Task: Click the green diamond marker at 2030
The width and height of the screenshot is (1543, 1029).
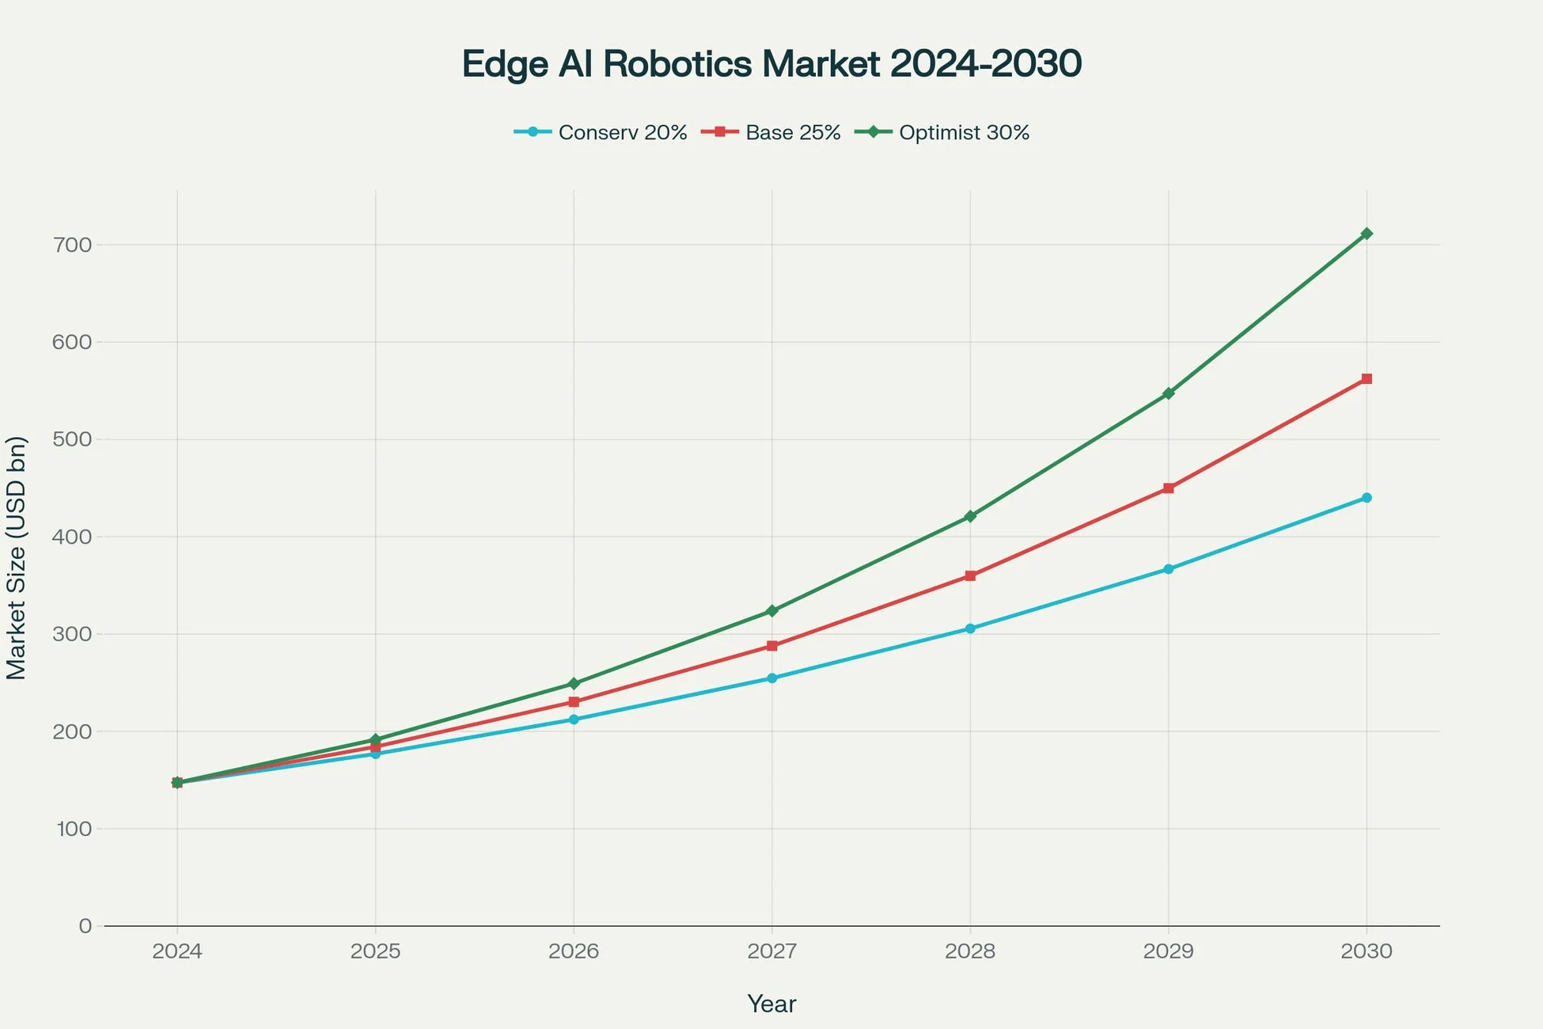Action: coord(1367,234)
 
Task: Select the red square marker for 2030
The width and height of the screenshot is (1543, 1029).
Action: coord(1367,379)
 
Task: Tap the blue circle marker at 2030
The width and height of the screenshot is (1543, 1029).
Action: coord(1367,498)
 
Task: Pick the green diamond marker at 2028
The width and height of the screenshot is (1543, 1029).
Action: coord(970,516)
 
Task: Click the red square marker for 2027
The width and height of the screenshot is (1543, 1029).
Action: coord(772,646)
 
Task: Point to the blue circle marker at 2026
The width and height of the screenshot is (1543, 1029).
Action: coord(574,720)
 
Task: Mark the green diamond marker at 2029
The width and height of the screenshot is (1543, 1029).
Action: coord(1169,393)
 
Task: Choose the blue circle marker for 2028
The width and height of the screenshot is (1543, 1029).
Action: coord(970,628)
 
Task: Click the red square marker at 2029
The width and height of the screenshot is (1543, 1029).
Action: coord(1169,488)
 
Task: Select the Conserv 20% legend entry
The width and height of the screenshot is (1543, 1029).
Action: coord(601,132)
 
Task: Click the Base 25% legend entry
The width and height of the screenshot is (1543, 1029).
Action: coord(771,132)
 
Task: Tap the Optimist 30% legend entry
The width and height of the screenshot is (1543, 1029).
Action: coord(943,132)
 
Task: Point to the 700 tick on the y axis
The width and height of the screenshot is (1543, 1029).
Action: coord(73,245)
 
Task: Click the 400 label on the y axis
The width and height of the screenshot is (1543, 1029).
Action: coord(73,537)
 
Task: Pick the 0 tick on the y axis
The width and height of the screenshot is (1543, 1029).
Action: coord(85,926)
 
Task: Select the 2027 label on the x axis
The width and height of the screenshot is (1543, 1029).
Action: coord(772,951)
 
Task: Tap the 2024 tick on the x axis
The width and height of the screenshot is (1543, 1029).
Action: coord(177,951)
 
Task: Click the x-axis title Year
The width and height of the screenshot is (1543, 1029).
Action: coord(771,1004)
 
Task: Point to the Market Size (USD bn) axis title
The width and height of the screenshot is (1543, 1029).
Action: coord(17,557)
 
